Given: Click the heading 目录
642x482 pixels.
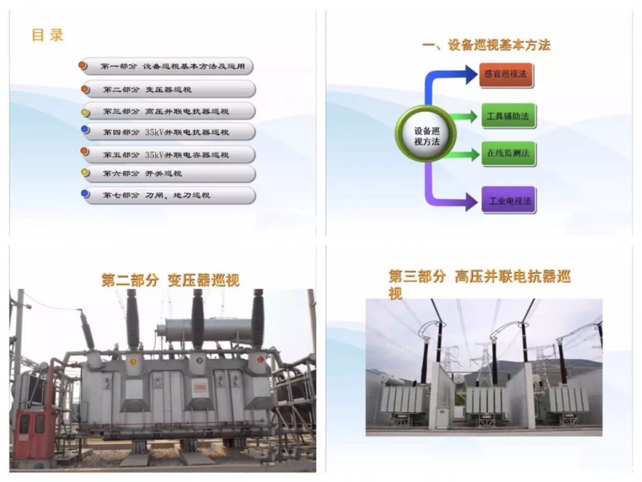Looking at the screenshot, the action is click(x=48, y=35).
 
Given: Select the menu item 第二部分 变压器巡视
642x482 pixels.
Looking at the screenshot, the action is click(x=169, y=90).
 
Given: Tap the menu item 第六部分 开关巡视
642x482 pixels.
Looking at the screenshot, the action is click(x=169, y=174).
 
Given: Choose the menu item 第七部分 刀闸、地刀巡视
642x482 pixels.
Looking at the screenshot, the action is click(x=169, y=195).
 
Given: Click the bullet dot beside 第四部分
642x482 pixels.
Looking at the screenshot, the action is click(x=85, y=129).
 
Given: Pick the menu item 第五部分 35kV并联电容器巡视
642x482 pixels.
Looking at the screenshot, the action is click(x=169, y=155).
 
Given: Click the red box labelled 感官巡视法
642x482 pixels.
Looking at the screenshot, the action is click(x=506, y=76).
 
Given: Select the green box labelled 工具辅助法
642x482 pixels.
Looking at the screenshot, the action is click(x=508, y=116).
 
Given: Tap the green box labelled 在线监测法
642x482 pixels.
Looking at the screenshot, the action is click(x=508, y=154).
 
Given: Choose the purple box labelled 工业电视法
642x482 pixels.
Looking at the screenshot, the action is click(x=508, y=201).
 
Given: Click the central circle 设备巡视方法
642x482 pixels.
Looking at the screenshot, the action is click(x=426, y=134).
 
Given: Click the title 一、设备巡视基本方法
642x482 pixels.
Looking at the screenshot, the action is click(x=486, y=45).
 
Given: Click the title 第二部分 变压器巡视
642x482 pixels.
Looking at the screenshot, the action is click(x=170, y=280).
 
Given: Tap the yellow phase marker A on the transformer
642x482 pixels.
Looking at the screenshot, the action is click(x=133, y=359).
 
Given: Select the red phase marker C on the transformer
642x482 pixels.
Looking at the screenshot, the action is click(x=260, y=359).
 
